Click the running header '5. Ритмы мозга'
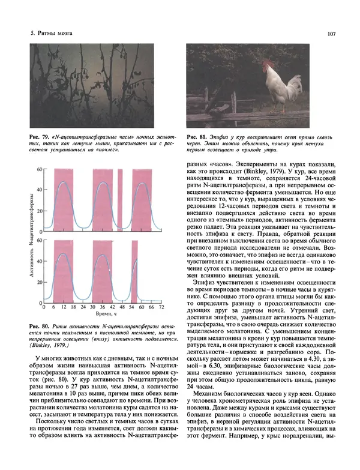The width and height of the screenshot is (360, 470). (x=52, y=34)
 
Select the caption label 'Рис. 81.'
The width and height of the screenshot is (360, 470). (x=197, y=137)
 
